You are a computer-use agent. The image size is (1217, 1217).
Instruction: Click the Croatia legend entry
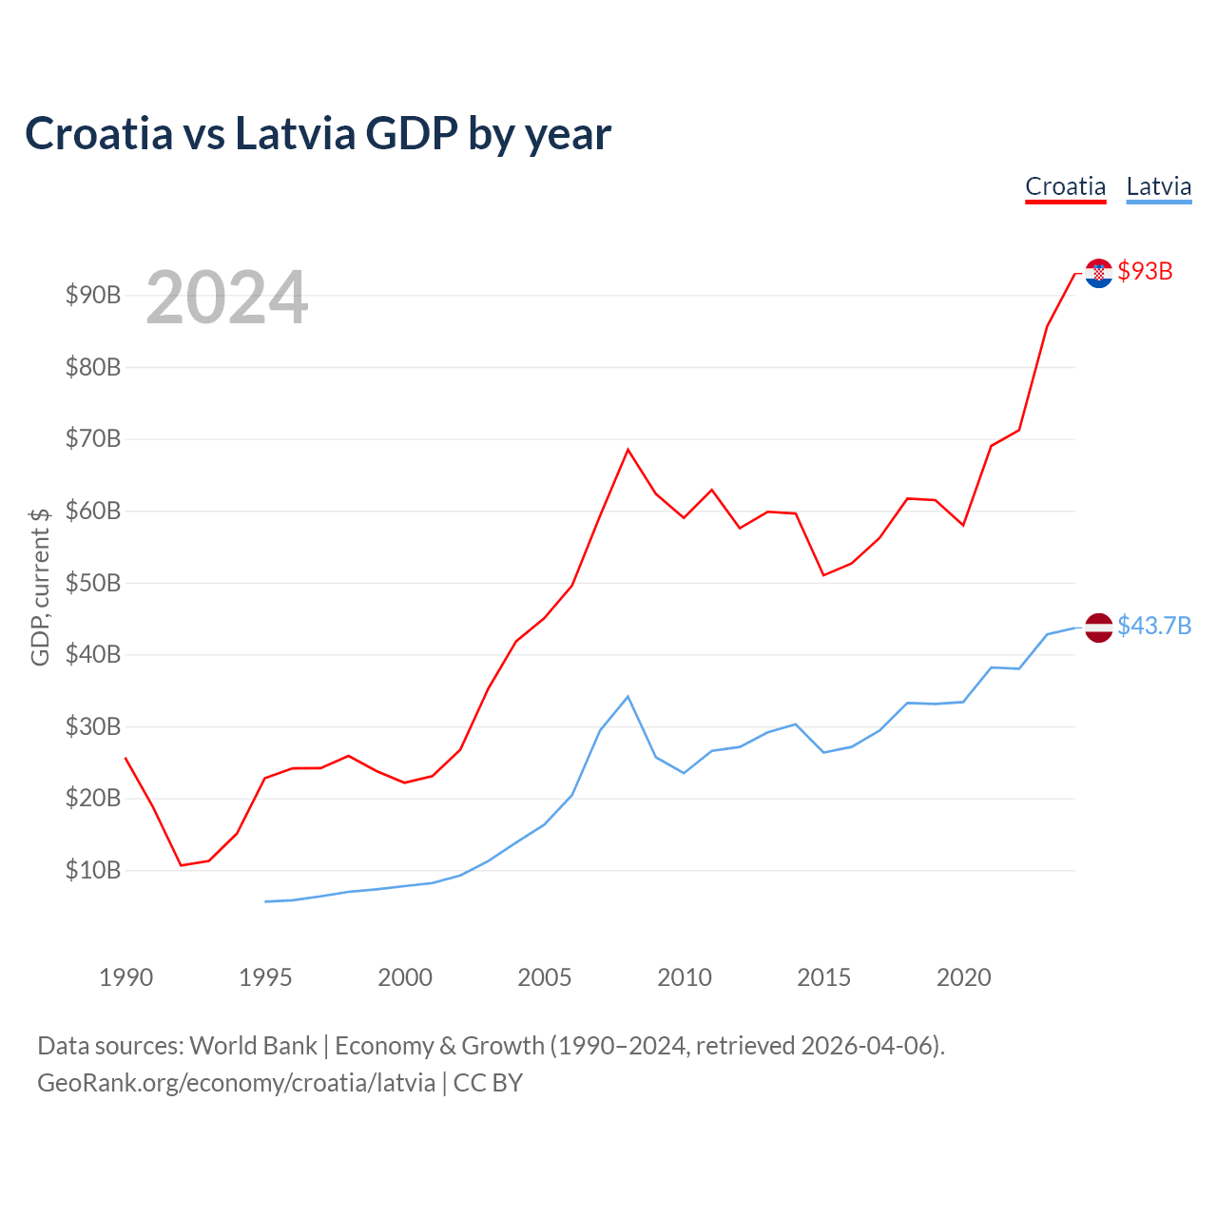coord(1065,186)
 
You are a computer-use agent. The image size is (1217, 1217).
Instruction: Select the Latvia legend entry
coord(1158,186)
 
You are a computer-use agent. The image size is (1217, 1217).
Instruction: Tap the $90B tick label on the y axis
coord(93,295)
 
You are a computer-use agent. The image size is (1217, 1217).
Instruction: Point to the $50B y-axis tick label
coord(93,583)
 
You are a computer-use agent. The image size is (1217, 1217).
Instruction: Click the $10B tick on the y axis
coord(93,870)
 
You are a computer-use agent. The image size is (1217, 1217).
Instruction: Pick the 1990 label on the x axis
coord(126,977)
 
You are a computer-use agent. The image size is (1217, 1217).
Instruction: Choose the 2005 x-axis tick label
coord(545,977)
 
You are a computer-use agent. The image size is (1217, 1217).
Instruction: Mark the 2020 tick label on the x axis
coord(963,977)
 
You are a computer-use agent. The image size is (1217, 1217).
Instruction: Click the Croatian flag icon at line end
coord(1098,273)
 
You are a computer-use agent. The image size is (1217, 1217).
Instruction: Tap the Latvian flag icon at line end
coord(1098,628)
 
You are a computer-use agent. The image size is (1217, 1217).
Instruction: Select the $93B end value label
coord(1145,272)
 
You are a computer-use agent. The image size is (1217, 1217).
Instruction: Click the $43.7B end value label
coord(1154,626)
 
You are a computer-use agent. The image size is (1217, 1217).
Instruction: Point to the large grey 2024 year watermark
coord(226,298)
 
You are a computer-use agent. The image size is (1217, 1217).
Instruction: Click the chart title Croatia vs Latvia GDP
coord(318,133)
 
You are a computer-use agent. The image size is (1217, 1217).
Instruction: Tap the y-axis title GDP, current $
coord(40,587)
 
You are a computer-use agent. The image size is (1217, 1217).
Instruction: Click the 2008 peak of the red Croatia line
coord(628,450)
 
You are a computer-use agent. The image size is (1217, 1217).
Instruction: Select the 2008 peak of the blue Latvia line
coord(628,697)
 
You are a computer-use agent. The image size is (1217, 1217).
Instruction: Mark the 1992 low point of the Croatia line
coord(181,865)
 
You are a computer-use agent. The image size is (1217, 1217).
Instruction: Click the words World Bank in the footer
coord(253,1046)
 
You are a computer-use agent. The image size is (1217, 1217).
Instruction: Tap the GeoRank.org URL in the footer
coord(236,1083)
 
